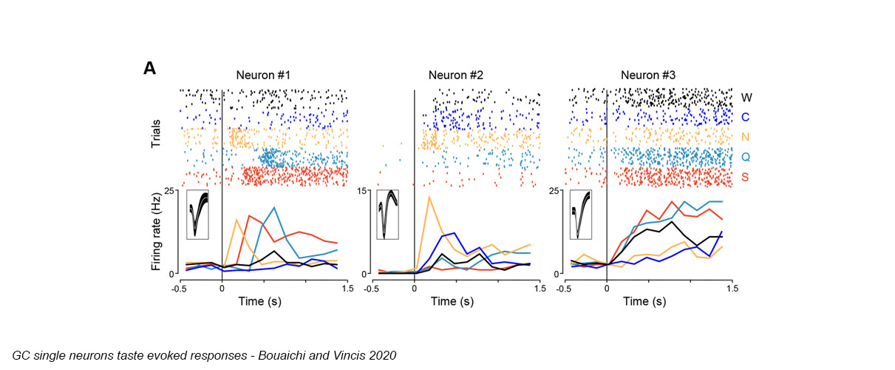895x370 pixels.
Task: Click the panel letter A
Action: (x=149, y=69)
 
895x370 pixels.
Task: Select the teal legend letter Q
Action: (x=746, y=158)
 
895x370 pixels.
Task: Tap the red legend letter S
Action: (x=746, y=178)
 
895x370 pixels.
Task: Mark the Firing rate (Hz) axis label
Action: (x=157, y=232)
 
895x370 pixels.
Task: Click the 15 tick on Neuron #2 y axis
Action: (x=364, y=191)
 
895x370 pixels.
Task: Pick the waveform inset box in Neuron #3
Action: (x=582, y=215)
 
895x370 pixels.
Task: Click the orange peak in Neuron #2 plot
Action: (x=429, y=197)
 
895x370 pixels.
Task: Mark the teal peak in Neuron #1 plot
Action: (x=274, y=207)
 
